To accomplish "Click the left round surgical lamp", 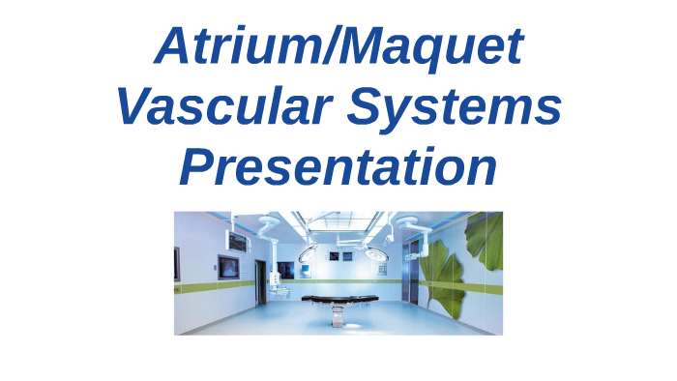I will (308, 253).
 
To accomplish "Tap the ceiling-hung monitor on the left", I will (236, 239).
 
